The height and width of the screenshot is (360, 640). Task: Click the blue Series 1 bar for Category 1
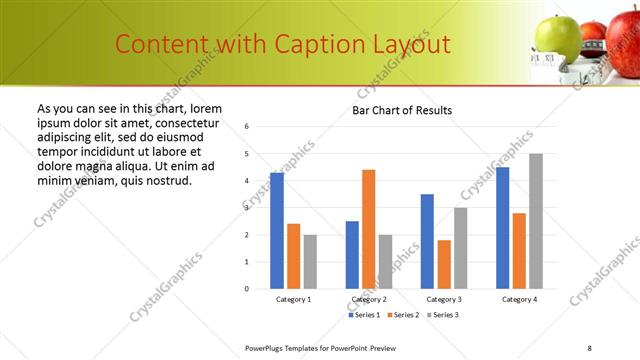(277, 230)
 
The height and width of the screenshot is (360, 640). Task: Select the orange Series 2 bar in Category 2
(368, 229)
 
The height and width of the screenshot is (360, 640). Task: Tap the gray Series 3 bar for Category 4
(536, 221)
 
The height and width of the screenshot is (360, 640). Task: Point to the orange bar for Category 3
(444, 264)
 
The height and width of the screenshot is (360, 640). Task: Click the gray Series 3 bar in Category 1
(310, 261)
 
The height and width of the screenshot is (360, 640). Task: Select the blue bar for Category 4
(502, 227)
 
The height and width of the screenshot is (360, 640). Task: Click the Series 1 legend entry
(363, 315)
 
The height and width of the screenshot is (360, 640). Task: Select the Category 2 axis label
(369, 299)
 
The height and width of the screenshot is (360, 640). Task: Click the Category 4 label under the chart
(519, 299)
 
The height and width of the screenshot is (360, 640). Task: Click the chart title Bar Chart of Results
(402, 110)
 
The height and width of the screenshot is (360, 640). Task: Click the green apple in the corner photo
(557, 37)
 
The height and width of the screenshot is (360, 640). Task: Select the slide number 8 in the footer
(589, 347)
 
